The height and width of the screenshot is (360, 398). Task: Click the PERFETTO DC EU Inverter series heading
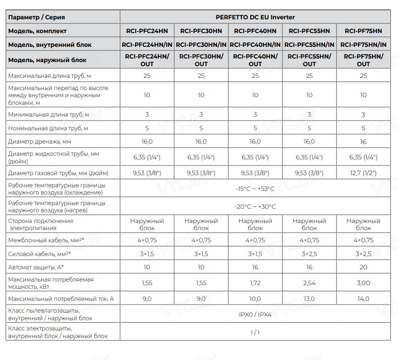255,17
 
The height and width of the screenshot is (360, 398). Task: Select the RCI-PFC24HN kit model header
147,31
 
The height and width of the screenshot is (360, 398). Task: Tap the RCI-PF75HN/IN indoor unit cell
363,45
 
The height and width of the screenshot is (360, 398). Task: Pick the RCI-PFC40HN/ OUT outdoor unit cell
255,60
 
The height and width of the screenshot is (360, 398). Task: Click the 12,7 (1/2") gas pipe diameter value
363,173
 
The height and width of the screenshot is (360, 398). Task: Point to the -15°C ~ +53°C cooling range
255,189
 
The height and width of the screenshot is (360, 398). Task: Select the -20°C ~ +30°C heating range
255,206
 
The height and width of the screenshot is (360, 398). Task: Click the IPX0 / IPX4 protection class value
255,314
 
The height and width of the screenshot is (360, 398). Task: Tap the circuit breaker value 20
363,266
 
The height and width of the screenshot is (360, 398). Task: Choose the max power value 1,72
255,282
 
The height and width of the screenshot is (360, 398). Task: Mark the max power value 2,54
309,282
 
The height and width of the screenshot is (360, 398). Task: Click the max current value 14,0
363,299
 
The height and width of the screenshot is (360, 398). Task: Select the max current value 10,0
255,299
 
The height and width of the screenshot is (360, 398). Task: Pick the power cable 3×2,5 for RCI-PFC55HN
309,253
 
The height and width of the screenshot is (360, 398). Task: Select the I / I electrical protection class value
255,332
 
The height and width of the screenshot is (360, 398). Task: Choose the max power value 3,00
363,282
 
